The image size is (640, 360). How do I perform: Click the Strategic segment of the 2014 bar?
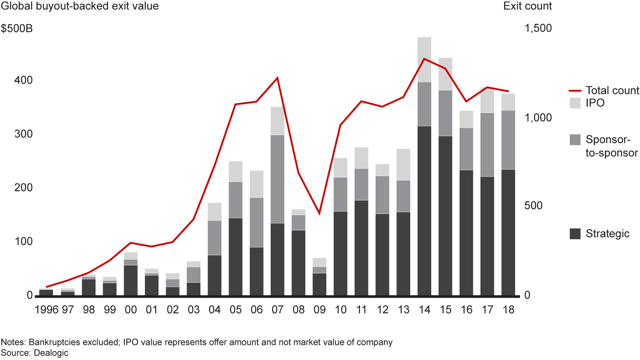424,211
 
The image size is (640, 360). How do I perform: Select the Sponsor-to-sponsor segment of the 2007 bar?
277,179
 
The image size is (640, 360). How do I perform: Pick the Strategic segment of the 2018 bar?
508,232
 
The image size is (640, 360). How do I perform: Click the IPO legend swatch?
575,103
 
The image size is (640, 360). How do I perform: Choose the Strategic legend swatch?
575,233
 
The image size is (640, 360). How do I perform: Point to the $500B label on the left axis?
16,29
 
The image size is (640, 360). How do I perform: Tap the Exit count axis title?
528,6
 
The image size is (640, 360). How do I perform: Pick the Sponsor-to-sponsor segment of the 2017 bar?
487,144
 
